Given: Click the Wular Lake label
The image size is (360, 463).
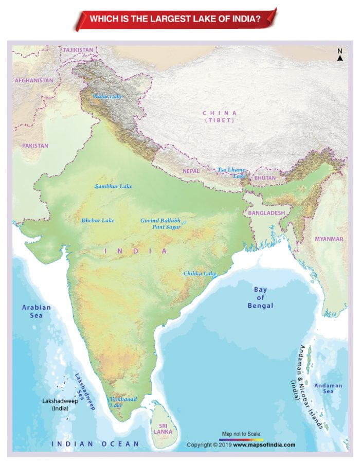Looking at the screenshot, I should [x=107, y=96].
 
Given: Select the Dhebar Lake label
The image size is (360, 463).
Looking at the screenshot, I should [x=98, y=220].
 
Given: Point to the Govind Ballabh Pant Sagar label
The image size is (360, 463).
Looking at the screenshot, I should [x=160, y=223].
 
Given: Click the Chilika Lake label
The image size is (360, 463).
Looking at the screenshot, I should [x=200, y=273].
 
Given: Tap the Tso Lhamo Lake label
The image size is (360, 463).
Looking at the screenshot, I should [x=231, y=172].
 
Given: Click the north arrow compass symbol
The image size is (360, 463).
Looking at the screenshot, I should [x=340, y=55].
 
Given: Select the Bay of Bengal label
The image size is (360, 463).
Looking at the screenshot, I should [x=260, y=297].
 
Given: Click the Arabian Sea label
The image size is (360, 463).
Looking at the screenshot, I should [x=36, y=311].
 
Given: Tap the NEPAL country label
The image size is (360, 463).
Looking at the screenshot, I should [x=191, y=171].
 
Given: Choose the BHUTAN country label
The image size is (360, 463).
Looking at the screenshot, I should [x=265, y=178].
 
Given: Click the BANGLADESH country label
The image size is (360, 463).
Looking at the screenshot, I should [x=266, y=212].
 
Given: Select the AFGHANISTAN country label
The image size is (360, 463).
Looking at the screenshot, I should [x=34, y=81].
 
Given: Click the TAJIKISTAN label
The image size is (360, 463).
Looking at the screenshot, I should [x=78, y=50].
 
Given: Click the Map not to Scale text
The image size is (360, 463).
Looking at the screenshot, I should [x=241, y=434].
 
